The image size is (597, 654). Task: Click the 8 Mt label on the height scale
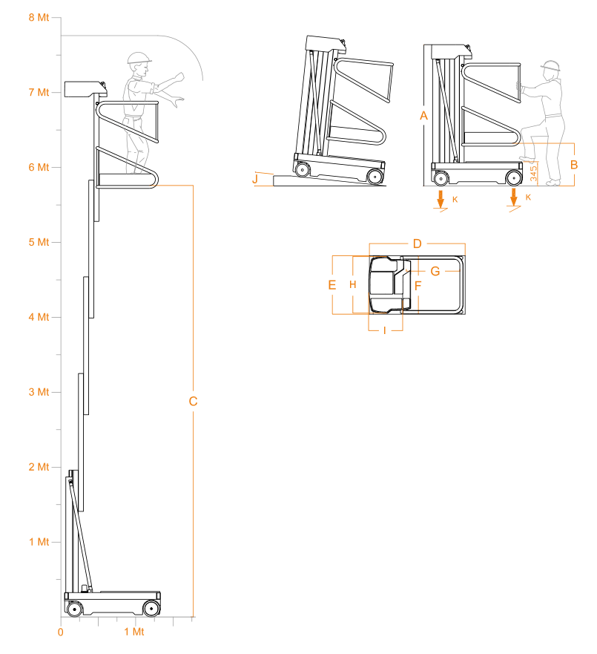tap(39, 18)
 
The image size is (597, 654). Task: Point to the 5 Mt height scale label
tap(39, 242)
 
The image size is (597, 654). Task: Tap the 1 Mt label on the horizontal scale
tap(134, 632)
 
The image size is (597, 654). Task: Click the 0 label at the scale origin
tap(60, 632)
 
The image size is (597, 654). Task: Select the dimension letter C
tap(193, 402)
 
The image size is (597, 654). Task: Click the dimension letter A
tap(423, 116)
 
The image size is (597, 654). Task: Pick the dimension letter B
tap(574, 165)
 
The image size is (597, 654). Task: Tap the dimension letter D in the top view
tap(417, 244)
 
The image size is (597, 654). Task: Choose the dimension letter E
tap(332, 285)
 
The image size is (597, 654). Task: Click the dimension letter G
tap(435, 272)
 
